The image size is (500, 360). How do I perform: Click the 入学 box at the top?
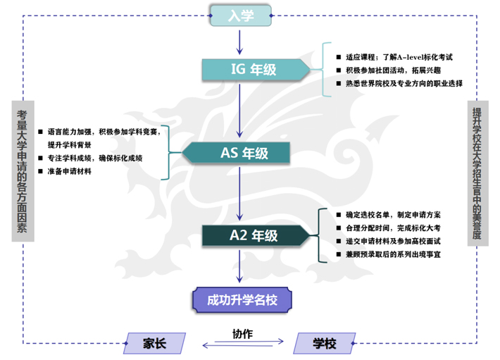(241, 15)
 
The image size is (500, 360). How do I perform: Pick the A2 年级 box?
(254, 235)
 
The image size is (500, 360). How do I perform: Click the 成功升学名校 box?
(242, 299)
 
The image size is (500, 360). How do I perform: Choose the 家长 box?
(154, 343)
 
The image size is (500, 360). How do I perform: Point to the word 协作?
(242, 333)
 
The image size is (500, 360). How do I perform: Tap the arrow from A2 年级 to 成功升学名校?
(241, 267)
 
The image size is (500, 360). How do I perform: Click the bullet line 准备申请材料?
(68, 171)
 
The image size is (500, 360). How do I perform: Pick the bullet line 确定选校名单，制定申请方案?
(392, 213)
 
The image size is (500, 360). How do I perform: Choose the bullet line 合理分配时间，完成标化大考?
(392, 227)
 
